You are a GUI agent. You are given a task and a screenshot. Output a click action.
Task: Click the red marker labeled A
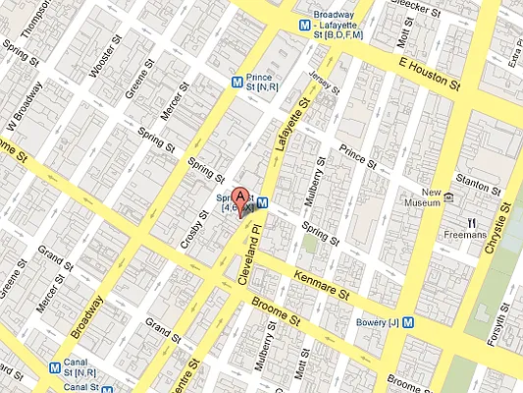click(x=243, y=197)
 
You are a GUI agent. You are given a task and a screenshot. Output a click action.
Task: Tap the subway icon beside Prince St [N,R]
click(x=235, y=84)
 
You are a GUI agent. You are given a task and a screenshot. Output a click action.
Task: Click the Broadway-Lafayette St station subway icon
click(x=304, y=25)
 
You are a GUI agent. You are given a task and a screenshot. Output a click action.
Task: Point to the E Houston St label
click(x=429, y=75)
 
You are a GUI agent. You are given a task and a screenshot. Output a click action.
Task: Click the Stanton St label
click(x=474, y=179)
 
